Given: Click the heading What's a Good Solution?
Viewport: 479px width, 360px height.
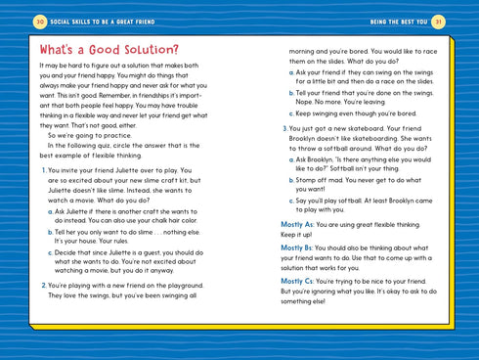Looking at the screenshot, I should (109, 49).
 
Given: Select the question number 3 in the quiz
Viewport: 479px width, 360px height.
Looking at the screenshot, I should (283, 129).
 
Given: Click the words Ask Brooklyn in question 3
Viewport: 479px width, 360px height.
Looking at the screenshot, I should (317, 158).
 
